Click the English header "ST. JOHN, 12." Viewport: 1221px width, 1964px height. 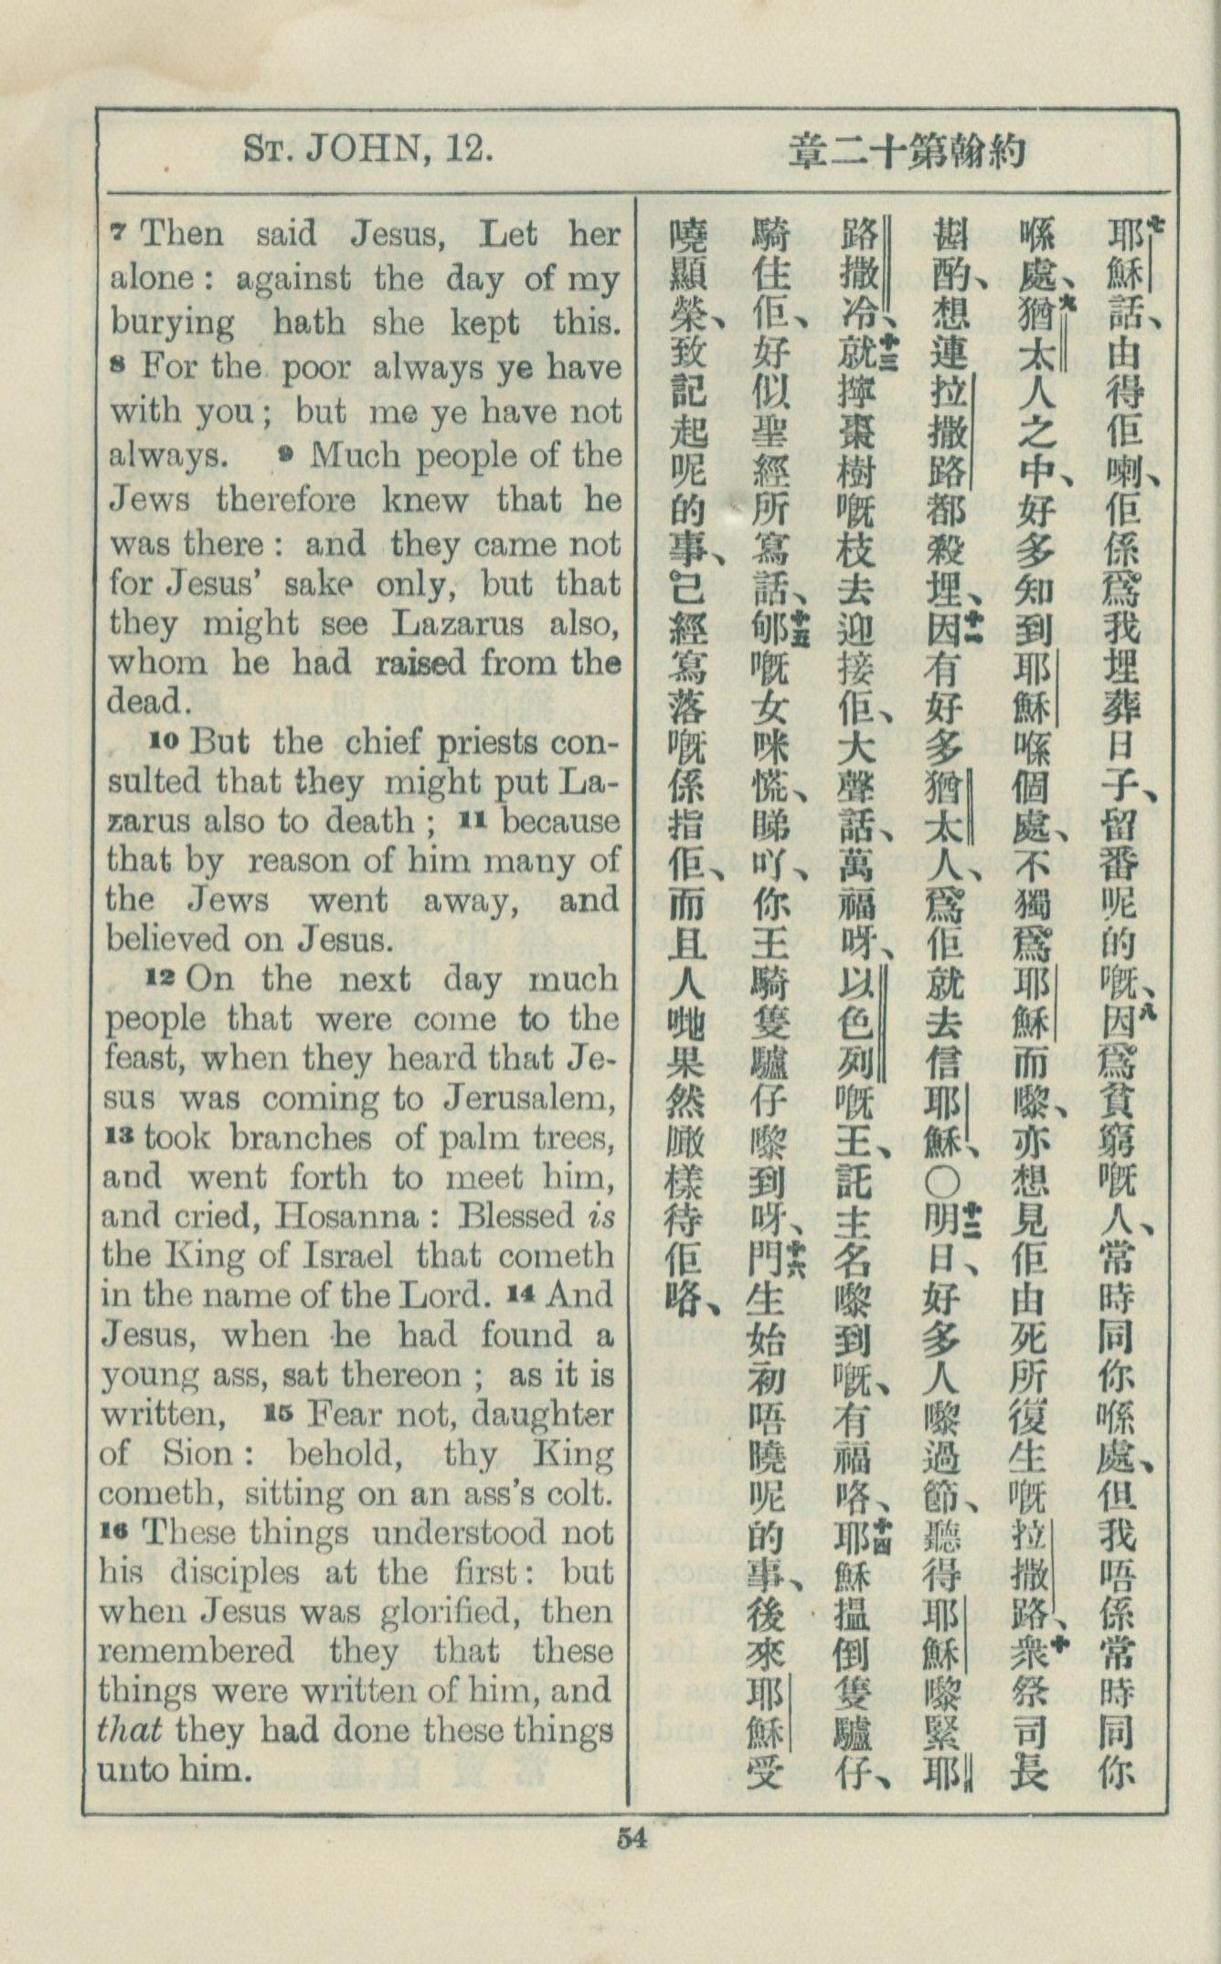click(x=369, y=148)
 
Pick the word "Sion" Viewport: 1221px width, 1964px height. click(x=193, y=1452)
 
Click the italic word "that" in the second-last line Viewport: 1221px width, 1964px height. click(x=131, y=1731)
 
